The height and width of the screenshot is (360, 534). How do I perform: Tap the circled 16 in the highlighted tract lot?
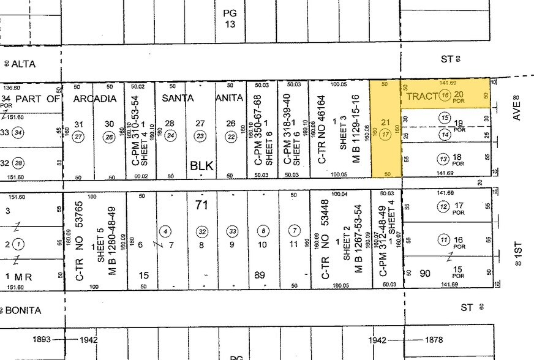click(x=445, y=95)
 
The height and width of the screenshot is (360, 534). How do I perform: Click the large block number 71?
click(x=201, y=205)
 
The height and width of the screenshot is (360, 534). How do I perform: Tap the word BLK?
click(x=201, y=165)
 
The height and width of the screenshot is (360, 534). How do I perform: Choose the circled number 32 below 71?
click(x=201, y=231)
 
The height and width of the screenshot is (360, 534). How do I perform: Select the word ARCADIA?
click(x=94, y=98)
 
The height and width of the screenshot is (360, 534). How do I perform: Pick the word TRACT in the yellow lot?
click(x=422, y=96)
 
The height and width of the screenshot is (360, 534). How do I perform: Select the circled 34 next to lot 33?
click(x=19, y=132)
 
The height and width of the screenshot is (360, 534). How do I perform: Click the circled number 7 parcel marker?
click(x=295, y=231)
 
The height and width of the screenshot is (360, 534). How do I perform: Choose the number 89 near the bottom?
click(x=260, y=276)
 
